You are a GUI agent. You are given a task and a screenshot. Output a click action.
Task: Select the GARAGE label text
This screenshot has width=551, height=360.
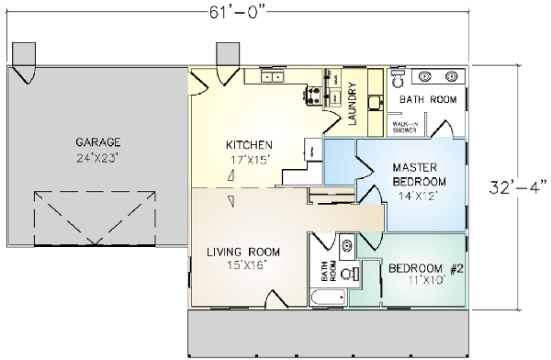pos(97,142)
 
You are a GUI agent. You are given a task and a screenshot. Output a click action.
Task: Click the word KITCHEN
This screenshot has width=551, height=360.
pos(248,145)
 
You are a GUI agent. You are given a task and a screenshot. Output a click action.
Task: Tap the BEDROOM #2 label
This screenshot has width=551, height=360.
pos(423,268)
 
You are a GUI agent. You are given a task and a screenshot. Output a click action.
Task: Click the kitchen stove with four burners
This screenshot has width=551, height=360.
pos(313,93)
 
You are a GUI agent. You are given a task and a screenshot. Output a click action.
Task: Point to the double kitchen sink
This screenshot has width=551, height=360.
pos(272,78)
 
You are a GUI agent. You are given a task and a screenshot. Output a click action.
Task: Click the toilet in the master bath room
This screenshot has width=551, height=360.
pos(396,78)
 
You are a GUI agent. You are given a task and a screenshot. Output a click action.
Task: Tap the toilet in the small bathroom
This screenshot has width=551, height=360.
pos(345,273)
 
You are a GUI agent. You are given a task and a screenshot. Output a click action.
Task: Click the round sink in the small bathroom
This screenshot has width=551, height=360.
pos(345,245)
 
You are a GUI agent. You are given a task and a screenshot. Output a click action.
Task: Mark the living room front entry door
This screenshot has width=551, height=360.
pos(277,298)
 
